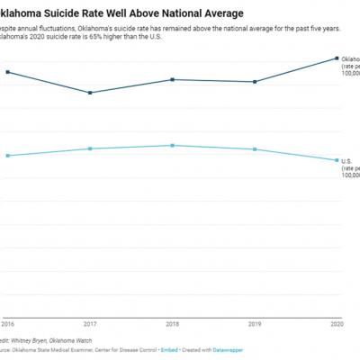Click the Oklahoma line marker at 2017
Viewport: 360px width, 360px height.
[90, 93]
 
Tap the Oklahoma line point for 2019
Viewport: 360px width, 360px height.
[256, 82]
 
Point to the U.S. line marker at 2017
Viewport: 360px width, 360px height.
[90, 148]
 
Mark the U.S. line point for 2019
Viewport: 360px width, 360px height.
[256, 149]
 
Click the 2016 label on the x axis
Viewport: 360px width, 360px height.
[7, 322]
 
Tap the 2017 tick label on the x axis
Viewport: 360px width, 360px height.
[90, 322]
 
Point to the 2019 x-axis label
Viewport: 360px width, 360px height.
[256, 322]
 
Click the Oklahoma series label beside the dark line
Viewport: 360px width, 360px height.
[350, 59]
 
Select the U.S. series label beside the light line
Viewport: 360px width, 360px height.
[347, 161]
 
